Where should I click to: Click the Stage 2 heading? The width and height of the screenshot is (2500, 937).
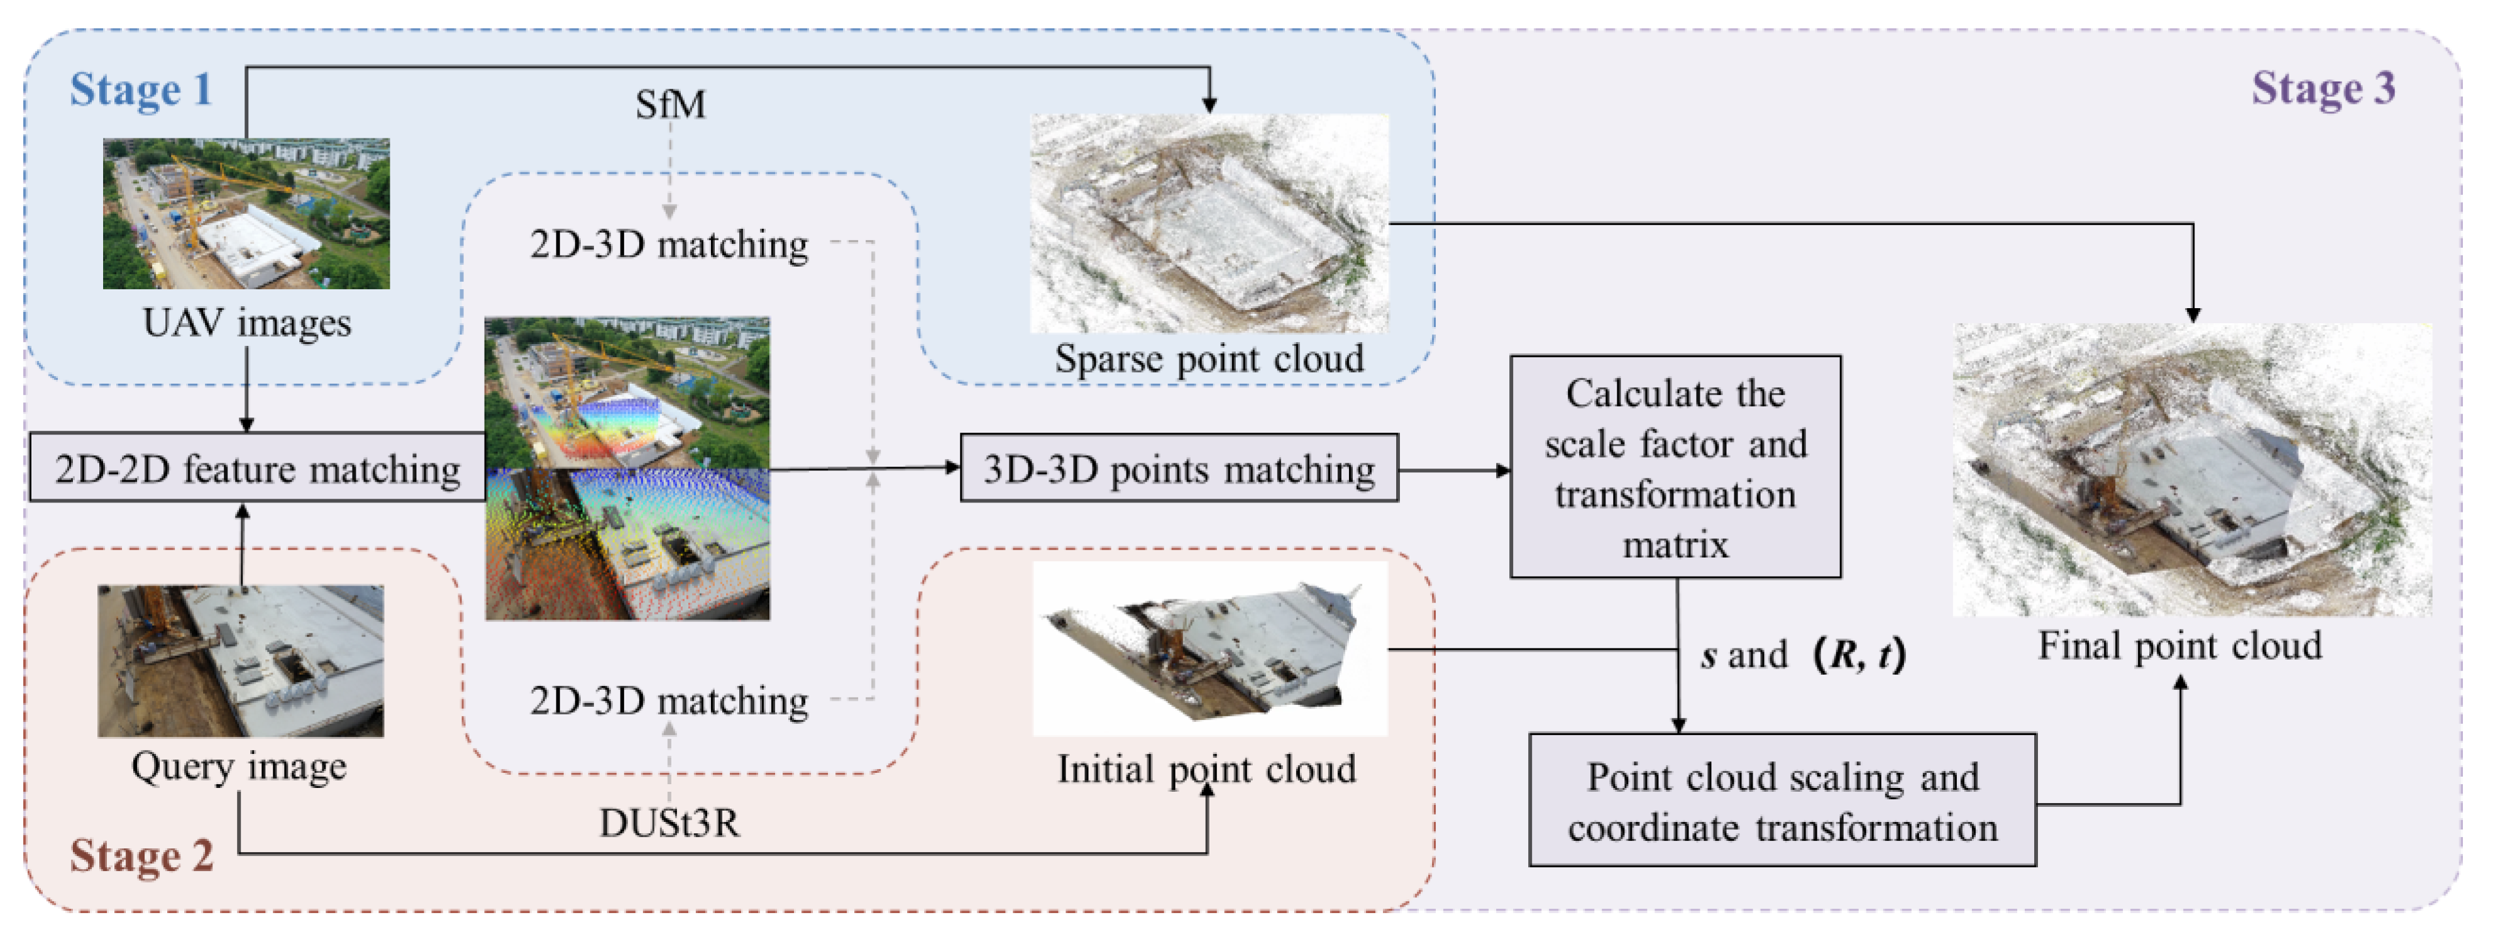pyautogui.click(x=141, y=855)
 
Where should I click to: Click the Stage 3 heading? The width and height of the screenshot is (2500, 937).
pyautogui.click(x=2322, y=89)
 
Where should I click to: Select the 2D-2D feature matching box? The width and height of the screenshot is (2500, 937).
pyautogui.click(x=257, y=469)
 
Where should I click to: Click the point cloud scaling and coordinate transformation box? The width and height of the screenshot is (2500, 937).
pyautogui.click(x=1782, y=801)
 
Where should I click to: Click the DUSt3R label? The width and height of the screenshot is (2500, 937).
pyautogui.click(x=669, y=823)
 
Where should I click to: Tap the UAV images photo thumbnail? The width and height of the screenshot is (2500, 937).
pyautogui.click(x=246, y=214)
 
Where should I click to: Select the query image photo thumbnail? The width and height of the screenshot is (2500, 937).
pyautogui.click(x=241, y=660)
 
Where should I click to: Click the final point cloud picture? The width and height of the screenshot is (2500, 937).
pyautogui.click(x=2191, y=470)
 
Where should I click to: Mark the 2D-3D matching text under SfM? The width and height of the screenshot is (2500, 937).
pyautogui.click(x=669, y=245)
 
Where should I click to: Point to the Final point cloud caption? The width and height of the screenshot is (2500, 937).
pyautogui.click(x=2179, y=646)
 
